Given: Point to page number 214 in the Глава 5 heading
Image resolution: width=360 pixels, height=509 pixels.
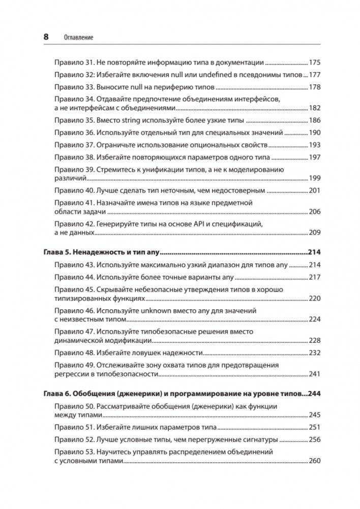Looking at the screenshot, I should point(314,253).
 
